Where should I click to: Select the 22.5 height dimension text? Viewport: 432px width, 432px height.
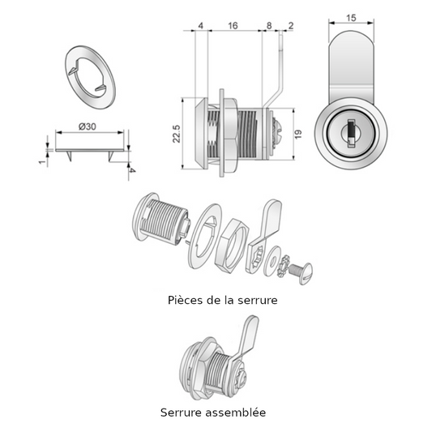point(176,134)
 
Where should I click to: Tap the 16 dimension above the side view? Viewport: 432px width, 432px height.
point(233,26)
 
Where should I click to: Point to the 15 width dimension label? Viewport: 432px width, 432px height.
point(351,17)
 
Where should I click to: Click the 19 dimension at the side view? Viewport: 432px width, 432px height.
point(298,134)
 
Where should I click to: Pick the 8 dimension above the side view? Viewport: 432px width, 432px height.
point(269,26)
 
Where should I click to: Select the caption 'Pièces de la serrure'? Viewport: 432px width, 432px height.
point(221,300)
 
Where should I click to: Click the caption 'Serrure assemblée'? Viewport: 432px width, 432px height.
point(213,413)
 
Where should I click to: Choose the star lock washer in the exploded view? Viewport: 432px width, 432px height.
point(283,263)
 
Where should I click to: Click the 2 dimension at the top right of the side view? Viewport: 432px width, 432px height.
point(290,26)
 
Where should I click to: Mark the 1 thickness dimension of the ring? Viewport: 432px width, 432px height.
point(41,160)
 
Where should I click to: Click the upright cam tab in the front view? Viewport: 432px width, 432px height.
point(351,65)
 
